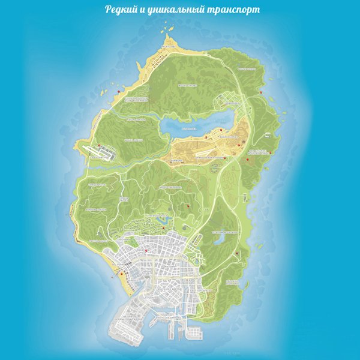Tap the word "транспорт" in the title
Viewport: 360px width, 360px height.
coord(229,11)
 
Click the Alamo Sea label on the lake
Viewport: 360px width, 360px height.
coord(191,128)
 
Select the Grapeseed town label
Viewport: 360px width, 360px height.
coord(231,103)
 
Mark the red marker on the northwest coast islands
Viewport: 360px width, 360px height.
coord(119,91)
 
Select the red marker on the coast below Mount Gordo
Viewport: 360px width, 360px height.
coord(262,92)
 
